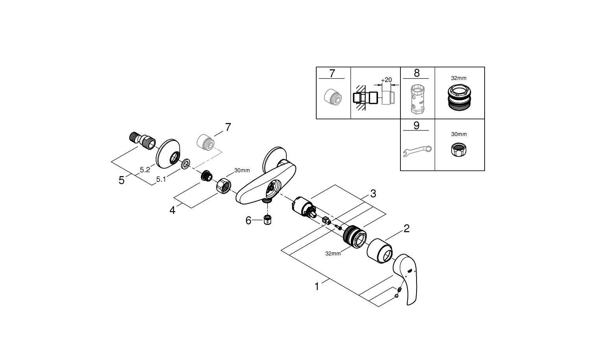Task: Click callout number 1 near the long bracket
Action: pos(317,287)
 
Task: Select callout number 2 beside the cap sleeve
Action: pos(407,228)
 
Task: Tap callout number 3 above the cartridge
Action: pos(373,193)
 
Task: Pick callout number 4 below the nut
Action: pos(172,210)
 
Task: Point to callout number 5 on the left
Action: pos(122,180)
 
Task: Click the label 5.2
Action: pos(145,170)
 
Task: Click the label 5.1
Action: pos(160,179)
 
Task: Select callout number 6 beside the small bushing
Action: pos(248,220)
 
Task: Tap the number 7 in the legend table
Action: pos(332,73)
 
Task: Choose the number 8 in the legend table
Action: pos(417,73)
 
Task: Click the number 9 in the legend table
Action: pos(417,125)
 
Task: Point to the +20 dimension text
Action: pos(386,80)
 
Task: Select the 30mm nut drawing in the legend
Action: pos(459,149)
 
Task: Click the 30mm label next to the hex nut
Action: pos(242,170)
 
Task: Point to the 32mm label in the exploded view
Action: pos(333,253)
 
